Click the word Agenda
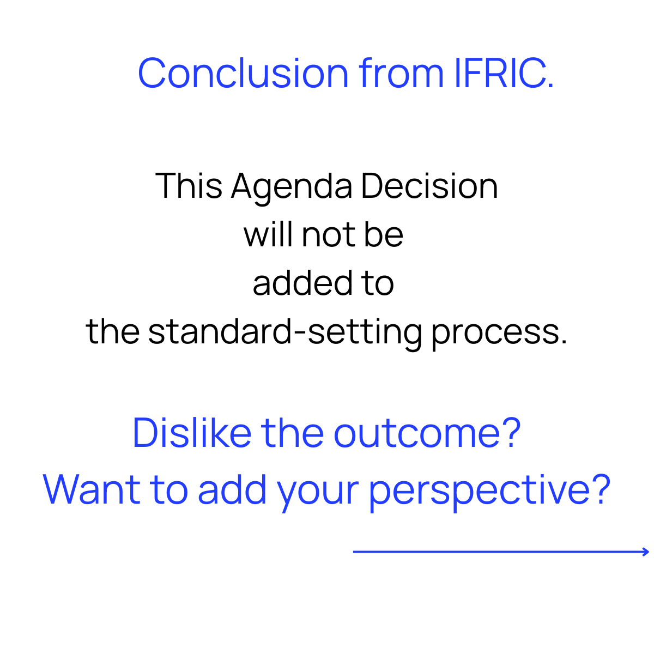[x=292, y=187]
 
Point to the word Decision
[x=429, y=186]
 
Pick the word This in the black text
[x=189, y=186]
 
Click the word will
[x=269, y=234]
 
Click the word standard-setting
[x=285, y=332]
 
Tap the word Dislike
[x=192, y=433]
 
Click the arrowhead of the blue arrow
[x=646, y=552]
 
